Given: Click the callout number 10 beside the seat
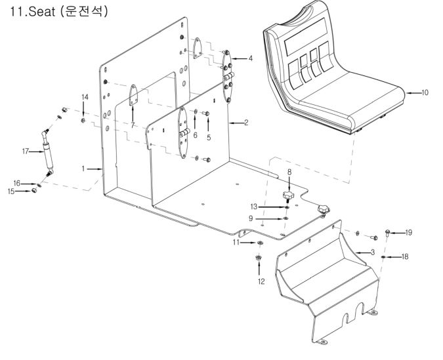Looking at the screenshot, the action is tap(425, 92).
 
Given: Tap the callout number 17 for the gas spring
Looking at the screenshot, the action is tap(26, 151).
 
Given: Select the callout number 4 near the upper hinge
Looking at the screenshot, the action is tap(249, 58).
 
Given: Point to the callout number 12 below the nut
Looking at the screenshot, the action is tap(261, 281).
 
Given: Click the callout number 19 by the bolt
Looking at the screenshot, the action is tap(408, 232).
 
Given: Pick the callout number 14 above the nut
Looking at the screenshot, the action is tap(85, 97).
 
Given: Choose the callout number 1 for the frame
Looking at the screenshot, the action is tap(83, 169).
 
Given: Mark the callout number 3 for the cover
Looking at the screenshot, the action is tap(373, 252).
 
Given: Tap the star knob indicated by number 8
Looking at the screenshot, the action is tap(288, 195).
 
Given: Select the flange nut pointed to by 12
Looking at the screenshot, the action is tap(258, 258).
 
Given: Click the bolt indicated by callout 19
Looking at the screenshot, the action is tap(388, 233).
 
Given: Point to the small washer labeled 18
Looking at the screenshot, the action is tap(383, 256).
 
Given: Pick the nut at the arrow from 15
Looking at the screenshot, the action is tap(34, 191).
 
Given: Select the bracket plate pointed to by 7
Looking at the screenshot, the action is tap(133, 96).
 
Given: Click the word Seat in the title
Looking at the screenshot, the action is tap(42, 12).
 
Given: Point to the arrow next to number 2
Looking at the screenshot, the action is tap(236, 123).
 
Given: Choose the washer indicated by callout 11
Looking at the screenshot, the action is tap(260, 243).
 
